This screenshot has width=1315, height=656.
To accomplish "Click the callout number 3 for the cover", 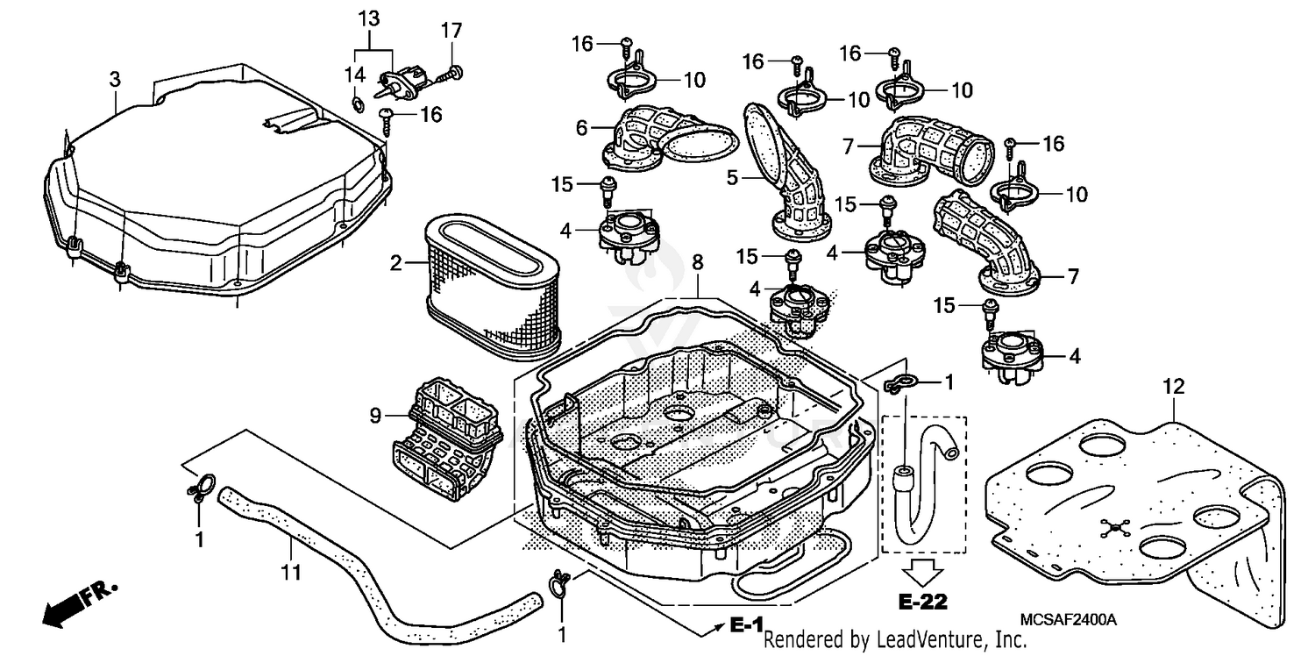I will pyautogui.click(x=114, y=80).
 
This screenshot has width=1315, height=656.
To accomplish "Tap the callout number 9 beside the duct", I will pyautogui.click(x=375, y=417).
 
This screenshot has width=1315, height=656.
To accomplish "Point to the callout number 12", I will pyautogui.click(x=1174, y=385).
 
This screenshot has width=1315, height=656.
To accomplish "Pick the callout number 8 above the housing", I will pyautogui.click(x=697, y=261).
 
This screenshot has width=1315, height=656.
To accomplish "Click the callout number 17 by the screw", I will pyautogui.click(x=451, y=31).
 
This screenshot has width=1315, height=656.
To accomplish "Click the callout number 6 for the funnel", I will pyautogui.click(x=581, y=128).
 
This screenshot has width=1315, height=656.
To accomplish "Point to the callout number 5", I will pyautogui.click(x=733, y=177).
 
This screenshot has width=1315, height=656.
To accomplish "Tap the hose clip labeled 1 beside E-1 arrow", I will pyautogui.click(x=558, y=581).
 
